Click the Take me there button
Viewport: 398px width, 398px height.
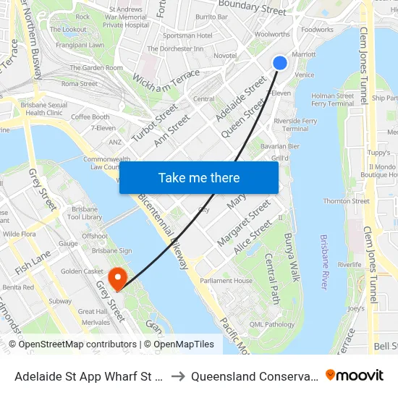click(199, 178)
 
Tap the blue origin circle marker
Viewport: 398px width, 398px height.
click(280, 63)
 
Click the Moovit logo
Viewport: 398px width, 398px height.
click(355, 375)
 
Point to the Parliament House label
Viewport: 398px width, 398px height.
click(226, 281)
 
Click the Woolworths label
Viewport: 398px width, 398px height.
click(273, 34)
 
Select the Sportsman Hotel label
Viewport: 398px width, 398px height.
click(188, 35)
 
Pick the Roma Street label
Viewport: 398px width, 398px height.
click(80, 84)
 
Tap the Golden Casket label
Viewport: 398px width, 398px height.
click(82, 271)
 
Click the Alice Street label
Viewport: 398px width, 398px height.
click(253, 237)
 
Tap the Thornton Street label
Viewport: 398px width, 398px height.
click(346, 201)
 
